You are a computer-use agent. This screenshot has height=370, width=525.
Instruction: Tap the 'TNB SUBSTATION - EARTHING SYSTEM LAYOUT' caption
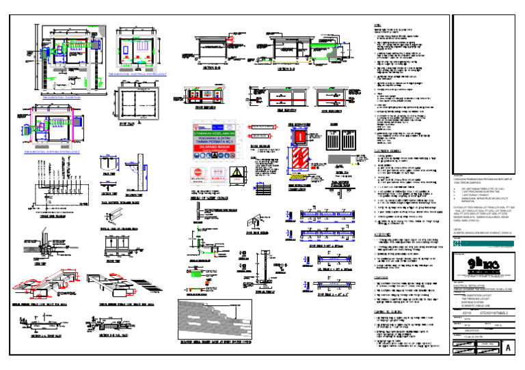tap(51, 152)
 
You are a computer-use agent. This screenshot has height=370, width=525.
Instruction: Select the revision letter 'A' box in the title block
tap(507, 349)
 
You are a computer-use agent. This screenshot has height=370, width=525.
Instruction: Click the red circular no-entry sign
tap(198, 173)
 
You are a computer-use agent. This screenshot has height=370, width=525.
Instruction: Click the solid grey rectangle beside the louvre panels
tap(340, 158)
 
